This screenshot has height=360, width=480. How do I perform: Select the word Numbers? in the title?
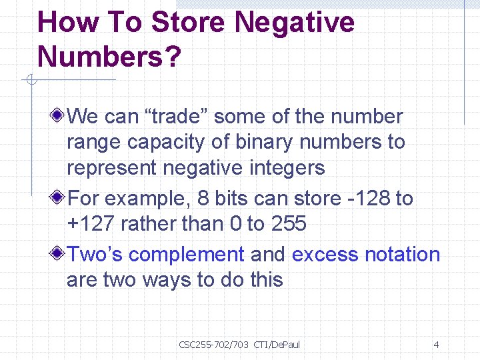pos(109,57)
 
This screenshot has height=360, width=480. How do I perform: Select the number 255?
pos(288,224)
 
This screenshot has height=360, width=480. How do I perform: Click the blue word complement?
pos(187,255)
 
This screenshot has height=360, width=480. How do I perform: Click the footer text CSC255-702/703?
pos(213,345)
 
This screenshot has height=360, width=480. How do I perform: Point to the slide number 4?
pos(436,345)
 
